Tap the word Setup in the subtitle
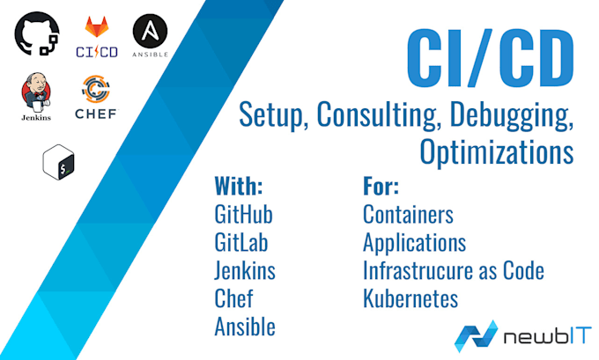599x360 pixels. [x=271, y=114]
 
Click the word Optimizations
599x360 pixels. [x=497, y=151]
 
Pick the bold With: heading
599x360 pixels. [x=239, y=187]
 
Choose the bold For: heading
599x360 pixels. [x=381, y=187]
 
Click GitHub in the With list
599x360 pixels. [x=243, y=214]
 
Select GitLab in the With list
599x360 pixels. [x=241, y=242]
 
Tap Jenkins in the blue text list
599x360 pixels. [x=244, y=270]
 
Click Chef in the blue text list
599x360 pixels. [x=233, y=298]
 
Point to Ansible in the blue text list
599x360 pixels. [x=244, y=327]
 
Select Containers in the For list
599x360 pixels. [x=408, y=214]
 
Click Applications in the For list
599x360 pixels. [x=414, y=242]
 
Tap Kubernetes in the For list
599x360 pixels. [x=410, y=298]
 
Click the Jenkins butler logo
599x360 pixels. [x=36, y=98]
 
